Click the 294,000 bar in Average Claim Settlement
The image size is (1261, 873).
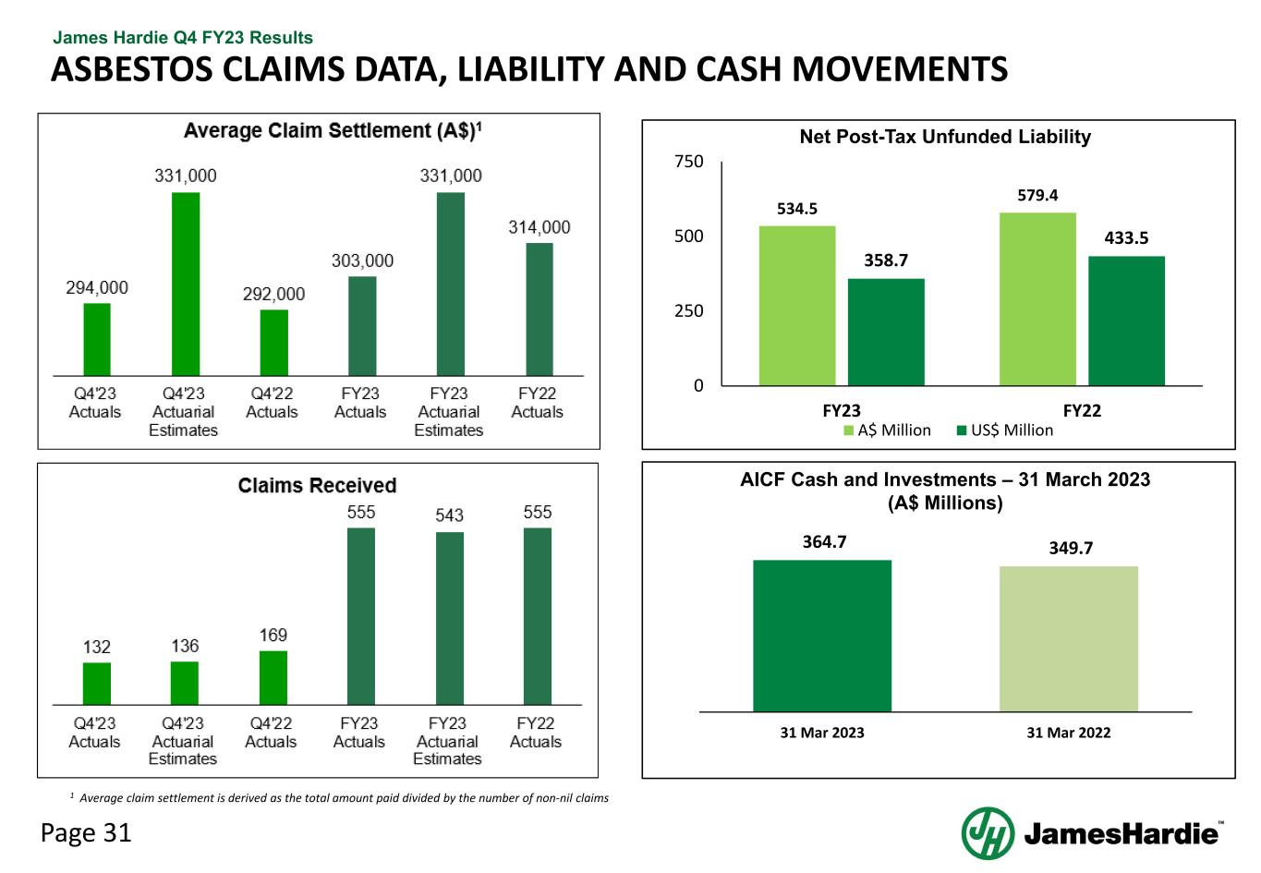pyautogui.click(x=97, y=339)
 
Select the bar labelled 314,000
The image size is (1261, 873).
pyautogui.click(x=540, y=309)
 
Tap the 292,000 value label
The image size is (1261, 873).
pyautogui.click(x=273, y=294)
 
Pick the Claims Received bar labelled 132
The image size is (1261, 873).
pyautogui.click(x=97, y=684)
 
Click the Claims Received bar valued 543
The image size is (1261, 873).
pyautogui.click(x=450, y=618)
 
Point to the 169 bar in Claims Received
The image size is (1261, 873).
pyautogui.click(x=273, y=677)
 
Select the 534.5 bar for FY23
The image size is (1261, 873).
pyautogui.click(x=796, y=306)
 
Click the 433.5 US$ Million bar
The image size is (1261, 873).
pyautogui.click(x=1126, y=321)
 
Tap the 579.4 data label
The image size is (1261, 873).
pyautogui.click(x=1037, y=195)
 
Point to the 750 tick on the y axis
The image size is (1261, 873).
pyautogui.click(x=689, y=162)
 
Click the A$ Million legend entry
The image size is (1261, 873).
pyautogui.click(x=886, y=430)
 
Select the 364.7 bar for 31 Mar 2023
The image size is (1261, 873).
pyautogui.click(x=822, y=636)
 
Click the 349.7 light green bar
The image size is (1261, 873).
pyautogui.click(x=1069, y=638)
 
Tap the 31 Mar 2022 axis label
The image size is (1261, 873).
pyautogui.click(x=1069, y=733)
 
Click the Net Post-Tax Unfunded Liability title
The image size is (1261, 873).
pyautogui.click(x=945, y=137)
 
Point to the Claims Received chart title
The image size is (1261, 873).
pyautogui.click(x=317, y=486)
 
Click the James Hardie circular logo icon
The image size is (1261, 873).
pyautogui.click(x=988, y=833)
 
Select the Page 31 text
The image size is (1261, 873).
pyautogui.click(x=86, y=833)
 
